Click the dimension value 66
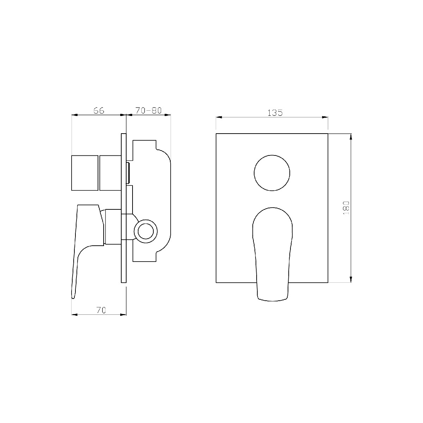click(99, 111)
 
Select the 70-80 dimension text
click(148, 110)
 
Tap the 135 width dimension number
click(275, 112)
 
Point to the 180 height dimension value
click(346, 208)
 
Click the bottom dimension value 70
click(101, 310)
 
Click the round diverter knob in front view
click(272, 173)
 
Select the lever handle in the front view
click(272, 254)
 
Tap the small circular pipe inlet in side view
click(146, 231)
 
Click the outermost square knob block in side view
click(85, 173)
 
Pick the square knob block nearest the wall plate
click(110, 173)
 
